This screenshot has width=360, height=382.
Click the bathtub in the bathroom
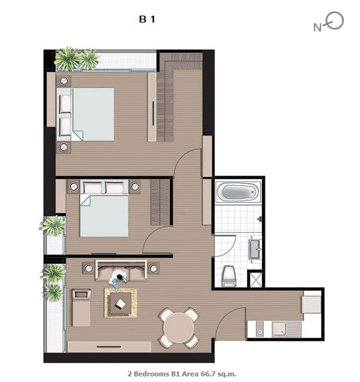point(238,192)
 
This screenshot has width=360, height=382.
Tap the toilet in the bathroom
point(229,276)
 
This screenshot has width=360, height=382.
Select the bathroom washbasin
point(255,249)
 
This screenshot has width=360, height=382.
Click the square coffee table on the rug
point(121,303)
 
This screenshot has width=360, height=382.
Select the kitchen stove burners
point(259,329)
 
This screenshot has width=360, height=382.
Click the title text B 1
point(147,19)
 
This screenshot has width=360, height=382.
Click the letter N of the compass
point(317,28)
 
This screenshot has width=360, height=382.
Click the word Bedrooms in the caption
point(152,373)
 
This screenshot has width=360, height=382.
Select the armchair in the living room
point(81,308)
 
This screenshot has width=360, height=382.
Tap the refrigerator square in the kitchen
point(311,304)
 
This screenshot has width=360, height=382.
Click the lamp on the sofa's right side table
point(154,268)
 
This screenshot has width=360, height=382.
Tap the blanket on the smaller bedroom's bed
point(104,216)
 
